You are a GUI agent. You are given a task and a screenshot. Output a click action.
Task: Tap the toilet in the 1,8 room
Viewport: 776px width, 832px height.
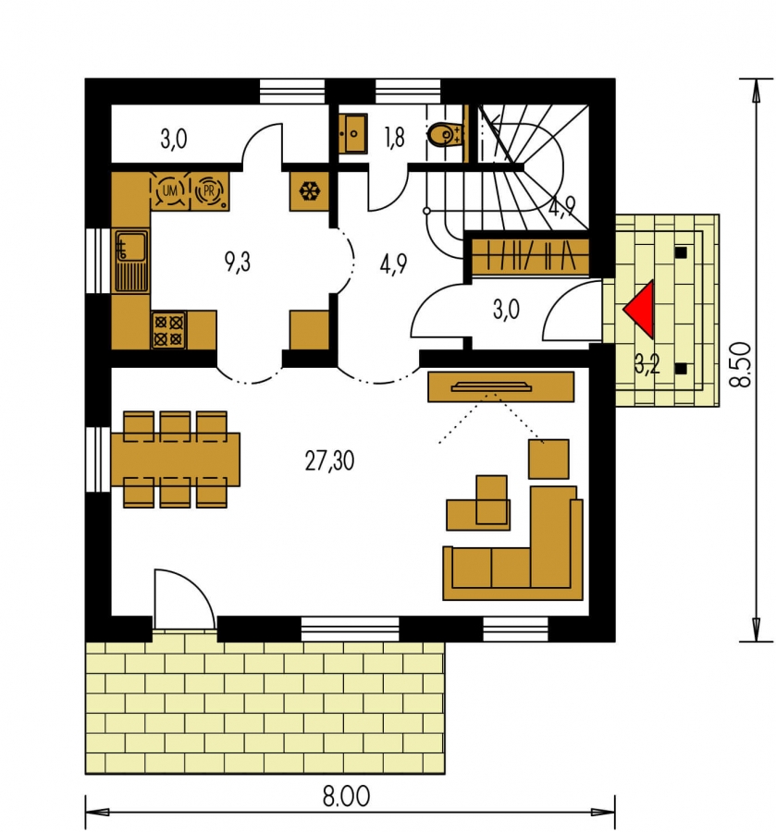click(445, 135)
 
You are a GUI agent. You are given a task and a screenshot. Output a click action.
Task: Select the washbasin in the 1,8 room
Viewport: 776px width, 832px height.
click(353, 134)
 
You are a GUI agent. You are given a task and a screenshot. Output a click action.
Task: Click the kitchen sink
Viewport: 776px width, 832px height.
click(131, 261)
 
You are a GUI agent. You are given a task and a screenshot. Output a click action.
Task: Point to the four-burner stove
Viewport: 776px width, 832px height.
click(168, 330)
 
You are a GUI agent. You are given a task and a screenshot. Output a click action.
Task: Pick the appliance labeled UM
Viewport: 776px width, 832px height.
click(170, 190)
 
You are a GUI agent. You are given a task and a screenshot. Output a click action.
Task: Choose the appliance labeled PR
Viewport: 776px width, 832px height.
click(209, 190)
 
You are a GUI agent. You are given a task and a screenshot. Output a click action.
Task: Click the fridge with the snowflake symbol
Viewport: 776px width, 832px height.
click(308, 191)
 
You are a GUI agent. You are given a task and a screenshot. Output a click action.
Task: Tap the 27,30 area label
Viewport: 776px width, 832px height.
click(329, 460)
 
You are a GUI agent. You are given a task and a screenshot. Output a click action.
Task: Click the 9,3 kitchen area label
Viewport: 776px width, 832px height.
click(238, 263)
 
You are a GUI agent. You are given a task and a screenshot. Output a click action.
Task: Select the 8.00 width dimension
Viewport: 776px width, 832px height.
click(346, 796)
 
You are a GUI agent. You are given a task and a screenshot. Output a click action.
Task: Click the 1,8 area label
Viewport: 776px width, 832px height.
click(394, 138)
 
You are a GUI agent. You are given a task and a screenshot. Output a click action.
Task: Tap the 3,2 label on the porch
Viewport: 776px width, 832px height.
click(647, 364)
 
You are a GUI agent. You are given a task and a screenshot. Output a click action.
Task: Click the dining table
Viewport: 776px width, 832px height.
click(176, 459)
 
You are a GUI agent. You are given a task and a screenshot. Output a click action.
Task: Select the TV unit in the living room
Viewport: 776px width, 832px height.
click(501, 386)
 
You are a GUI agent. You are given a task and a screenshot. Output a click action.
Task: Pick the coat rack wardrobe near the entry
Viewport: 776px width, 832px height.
click(531, 257)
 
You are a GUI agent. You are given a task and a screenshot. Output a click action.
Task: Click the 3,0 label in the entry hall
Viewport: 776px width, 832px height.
click(506, 310)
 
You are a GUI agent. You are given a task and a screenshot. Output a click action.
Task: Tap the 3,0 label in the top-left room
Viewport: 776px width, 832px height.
click(174, 139)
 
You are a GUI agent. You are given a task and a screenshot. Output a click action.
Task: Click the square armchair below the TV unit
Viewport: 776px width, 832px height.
click(548, 459)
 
